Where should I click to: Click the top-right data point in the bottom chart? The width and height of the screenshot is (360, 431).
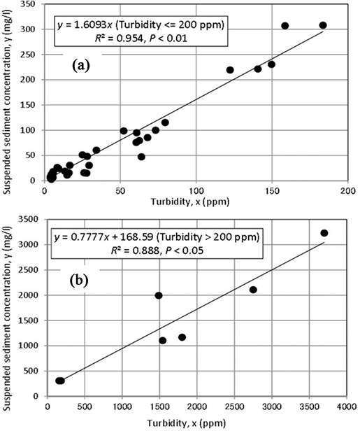click(324, 233)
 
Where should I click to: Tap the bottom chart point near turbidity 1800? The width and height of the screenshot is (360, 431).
click(182, 337)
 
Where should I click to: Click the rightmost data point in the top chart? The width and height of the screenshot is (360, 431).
click(323, 25)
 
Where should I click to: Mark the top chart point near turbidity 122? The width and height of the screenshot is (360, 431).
click(230, 70)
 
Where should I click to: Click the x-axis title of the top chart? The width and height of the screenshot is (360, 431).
click(193, 202)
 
